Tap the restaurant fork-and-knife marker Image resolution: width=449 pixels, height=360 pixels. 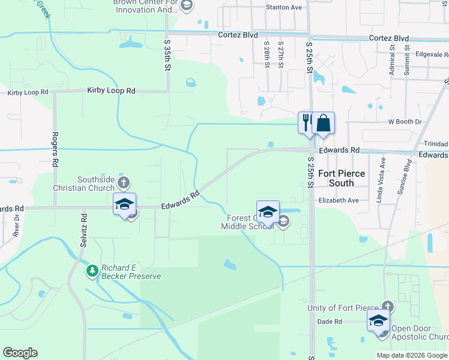pos(306,122)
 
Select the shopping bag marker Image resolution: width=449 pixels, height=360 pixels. pos(323,122)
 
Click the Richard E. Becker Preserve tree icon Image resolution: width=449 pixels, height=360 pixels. pos(92,271)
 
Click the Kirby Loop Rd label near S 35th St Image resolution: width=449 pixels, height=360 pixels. pos(111,91)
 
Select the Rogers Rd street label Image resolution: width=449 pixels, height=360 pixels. pos(55,149)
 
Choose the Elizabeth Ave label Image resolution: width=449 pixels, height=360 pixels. pos(338,200)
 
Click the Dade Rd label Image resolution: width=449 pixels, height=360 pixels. pos(330,322)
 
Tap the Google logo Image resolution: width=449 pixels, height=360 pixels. pos(20,353)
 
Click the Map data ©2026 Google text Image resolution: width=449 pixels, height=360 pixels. pos(412,355)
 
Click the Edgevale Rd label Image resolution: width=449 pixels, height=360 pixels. pos(428,54)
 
